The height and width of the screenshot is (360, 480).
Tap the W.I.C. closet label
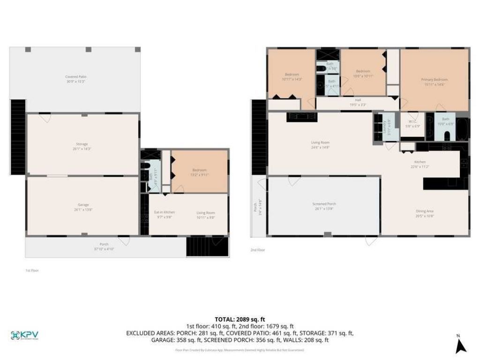click(x=412, y=123)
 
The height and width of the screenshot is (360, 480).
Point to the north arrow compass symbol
click(x=461, y=345)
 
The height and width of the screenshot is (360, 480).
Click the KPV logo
click(x=24, y=335)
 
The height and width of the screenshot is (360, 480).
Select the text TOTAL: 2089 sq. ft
click(x=240, y=319)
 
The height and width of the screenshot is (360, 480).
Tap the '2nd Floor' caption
click(x=257, y=250)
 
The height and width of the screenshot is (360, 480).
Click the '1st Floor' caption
click(x=31, y=270)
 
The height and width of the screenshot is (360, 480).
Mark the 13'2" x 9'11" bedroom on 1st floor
click(x=199, y=172)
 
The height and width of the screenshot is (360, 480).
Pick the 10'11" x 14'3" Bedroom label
click(x=292, y=76)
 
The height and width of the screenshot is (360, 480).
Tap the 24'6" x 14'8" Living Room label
click(x=320, y=144)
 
